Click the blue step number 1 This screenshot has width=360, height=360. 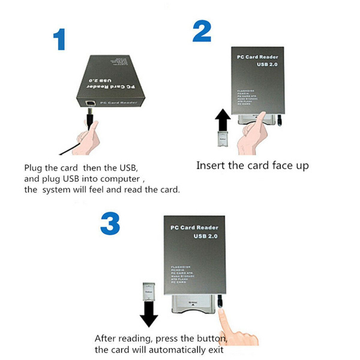pos(59,39)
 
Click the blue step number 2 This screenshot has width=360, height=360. pos(202,31)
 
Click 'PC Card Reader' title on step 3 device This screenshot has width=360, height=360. pos(194,228)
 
